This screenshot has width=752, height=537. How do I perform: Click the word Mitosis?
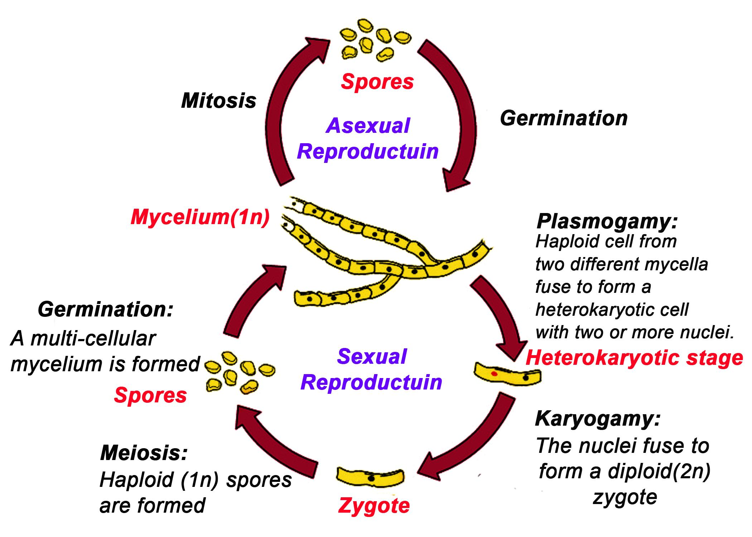pyautogui.click(x=218, y=101)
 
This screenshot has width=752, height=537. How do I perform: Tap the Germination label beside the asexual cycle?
pyautogui.click(x=563, y=118)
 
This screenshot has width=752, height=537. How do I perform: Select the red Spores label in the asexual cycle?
pyautogui.click(x=377, y=82)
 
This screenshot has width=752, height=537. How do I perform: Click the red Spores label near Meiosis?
pyautogui.click(x=150, y=395)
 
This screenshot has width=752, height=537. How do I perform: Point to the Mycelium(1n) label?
pyautogui.click(x=200, y=217)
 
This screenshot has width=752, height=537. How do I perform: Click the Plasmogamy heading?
pyautogui.click(x=607, y=222)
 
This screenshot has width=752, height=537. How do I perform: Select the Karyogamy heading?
pyautogui.click(x=597, y=419)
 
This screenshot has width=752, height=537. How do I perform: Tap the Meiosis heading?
pyautogui.click(x=144, y=453)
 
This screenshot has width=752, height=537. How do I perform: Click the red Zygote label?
pyautogui.click(x=374, y=505)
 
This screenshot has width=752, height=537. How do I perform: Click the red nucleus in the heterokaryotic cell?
pyautogui.click(x=494, y=374)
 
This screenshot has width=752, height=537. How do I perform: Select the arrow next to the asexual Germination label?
pyautogui.click(x=462, y=118)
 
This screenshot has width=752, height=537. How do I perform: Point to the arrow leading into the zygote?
pyautogui.click(x=473, y=440)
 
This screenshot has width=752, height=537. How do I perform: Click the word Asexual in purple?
pyautogui.click(x=368, y=126)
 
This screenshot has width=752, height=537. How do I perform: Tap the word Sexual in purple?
pyautogui.click(x=372, y=357)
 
